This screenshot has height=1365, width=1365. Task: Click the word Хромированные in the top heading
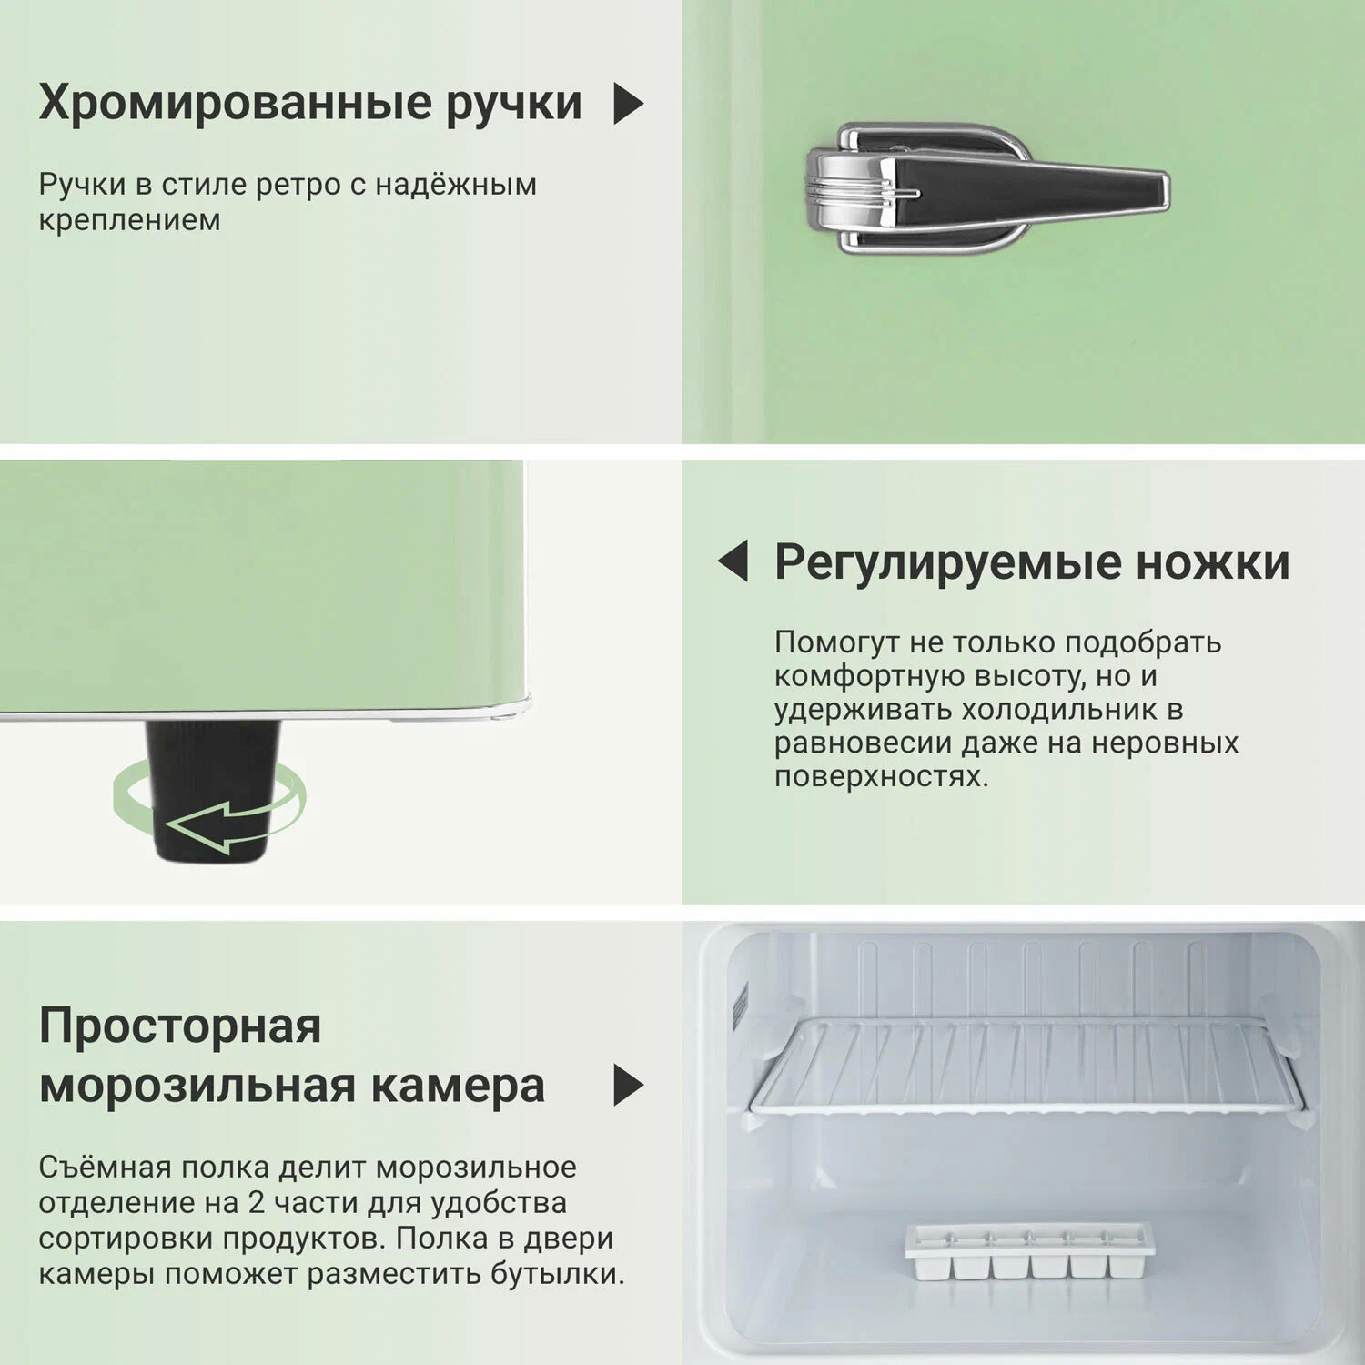tap(235, 102)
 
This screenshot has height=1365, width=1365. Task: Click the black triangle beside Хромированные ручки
tap(629, 104)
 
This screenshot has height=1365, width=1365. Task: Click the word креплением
tap(129, 221)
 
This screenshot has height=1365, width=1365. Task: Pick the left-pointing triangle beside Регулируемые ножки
tap(733, 561)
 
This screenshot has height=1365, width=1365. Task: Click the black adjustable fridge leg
tap(212, 791)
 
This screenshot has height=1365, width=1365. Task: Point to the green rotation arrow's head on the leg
tap(187, 826)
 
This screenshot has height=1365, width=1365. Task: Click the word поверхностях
tap(881, 777)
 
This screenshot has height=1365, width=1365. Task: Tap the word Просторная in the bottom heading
tap(180, 1026)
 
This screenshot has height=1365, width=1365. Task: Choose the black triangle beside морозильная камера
tap(629, 1085)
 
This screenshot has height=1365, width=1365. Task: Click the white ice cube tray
tap(1029, 1252)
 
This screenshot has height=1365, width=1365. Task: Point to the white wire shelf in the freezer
tap(1026, 1066)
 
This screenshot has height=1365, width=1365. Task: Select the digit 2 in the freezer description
tap(257, 1203)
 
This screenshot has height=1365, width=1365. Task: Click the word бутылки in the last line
tap(557, 1274)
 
